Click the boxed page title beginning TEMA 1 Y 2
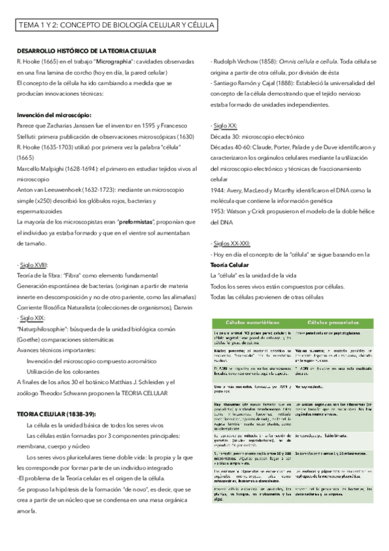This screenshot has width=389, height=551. coord(117,26)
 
